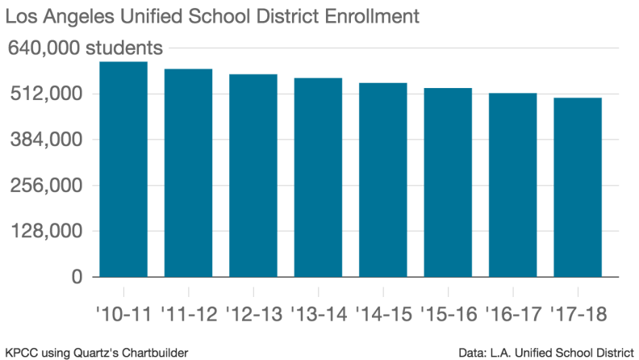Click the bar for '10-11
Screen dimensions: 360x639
123,170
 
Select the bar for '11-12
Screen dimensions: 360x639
188,173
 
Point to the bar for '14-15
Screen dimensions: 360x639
383,180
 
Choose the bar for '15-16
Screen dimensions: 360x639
448,182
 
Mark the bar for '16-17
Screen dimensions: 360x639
513,185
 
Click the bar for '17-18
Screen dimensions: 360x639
578,187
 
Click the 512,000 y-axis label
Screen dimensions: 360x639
46,94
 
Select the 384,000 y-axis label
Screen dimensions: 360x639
46,140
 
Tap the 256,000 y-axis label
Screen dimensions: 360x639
46,186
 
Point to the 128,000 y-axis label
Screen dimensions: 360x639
46,232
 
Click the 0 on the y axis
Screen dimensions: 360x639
77,277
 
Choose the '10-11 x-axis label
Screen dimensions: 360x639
123,311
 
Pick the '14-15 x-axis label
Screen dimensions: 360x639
383,311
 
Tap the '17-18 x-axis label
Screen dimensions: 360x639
578,311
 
